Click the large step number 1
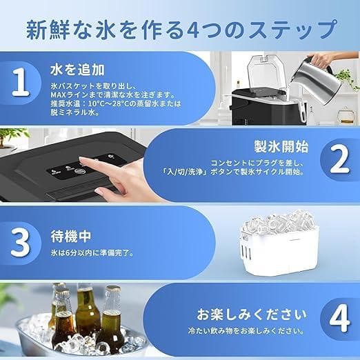click(x=23, y=83)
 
